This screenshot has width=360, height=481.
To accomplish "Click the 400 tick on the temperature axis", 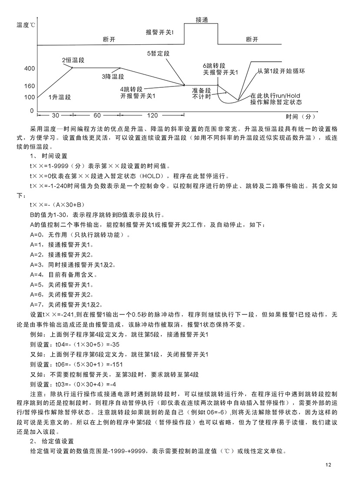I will pos(30,68).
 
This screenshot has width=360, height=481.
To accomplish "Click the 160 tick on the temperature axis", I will pos(30,86).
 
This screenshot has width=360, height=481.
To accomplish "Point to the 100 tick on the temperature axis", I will pos(30,97).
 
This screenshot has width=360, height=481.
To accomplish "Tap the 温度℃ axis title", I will pos(27,25).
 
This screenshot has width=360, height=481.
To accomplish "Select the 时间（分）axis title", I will pos(300,117).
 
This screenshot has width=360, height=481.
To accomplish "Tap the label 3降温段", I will pos(113,76).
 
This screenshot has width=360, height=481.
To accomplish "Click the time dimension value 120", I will pos(152,116).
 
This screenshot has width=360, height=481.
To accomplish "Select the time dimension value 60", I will pos(97,116).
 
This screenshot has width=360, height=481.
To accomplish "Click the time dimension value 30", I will pos(55,116).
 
